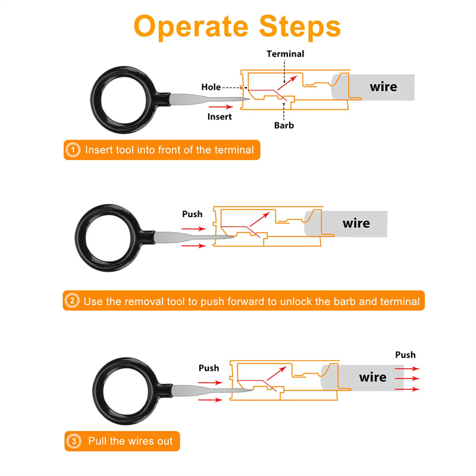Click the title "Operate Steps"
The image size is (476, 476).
[237, 26]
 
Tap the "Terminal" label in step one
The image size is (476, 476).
[285, 54]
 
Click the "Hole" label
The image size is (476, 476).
[211, 87]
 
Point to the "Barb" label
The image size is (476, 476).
[284, 125]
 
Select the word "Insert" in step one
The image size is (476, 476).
[220, 116]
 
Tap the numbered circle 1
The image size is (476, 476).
[73, 150]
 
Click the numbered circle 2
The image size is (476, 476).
[73, 301]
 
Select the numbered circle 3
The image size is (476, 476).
[74, 441]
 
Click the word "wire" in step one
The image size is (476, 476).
[383, 87]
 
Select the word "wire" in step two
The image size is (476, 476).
[356, 224]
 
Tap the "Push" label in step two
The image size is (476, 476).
[192, 214]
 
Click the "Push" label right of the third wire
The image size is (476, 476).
[405, 355]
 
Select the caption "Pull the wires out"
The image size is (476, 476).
[130, 441]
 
